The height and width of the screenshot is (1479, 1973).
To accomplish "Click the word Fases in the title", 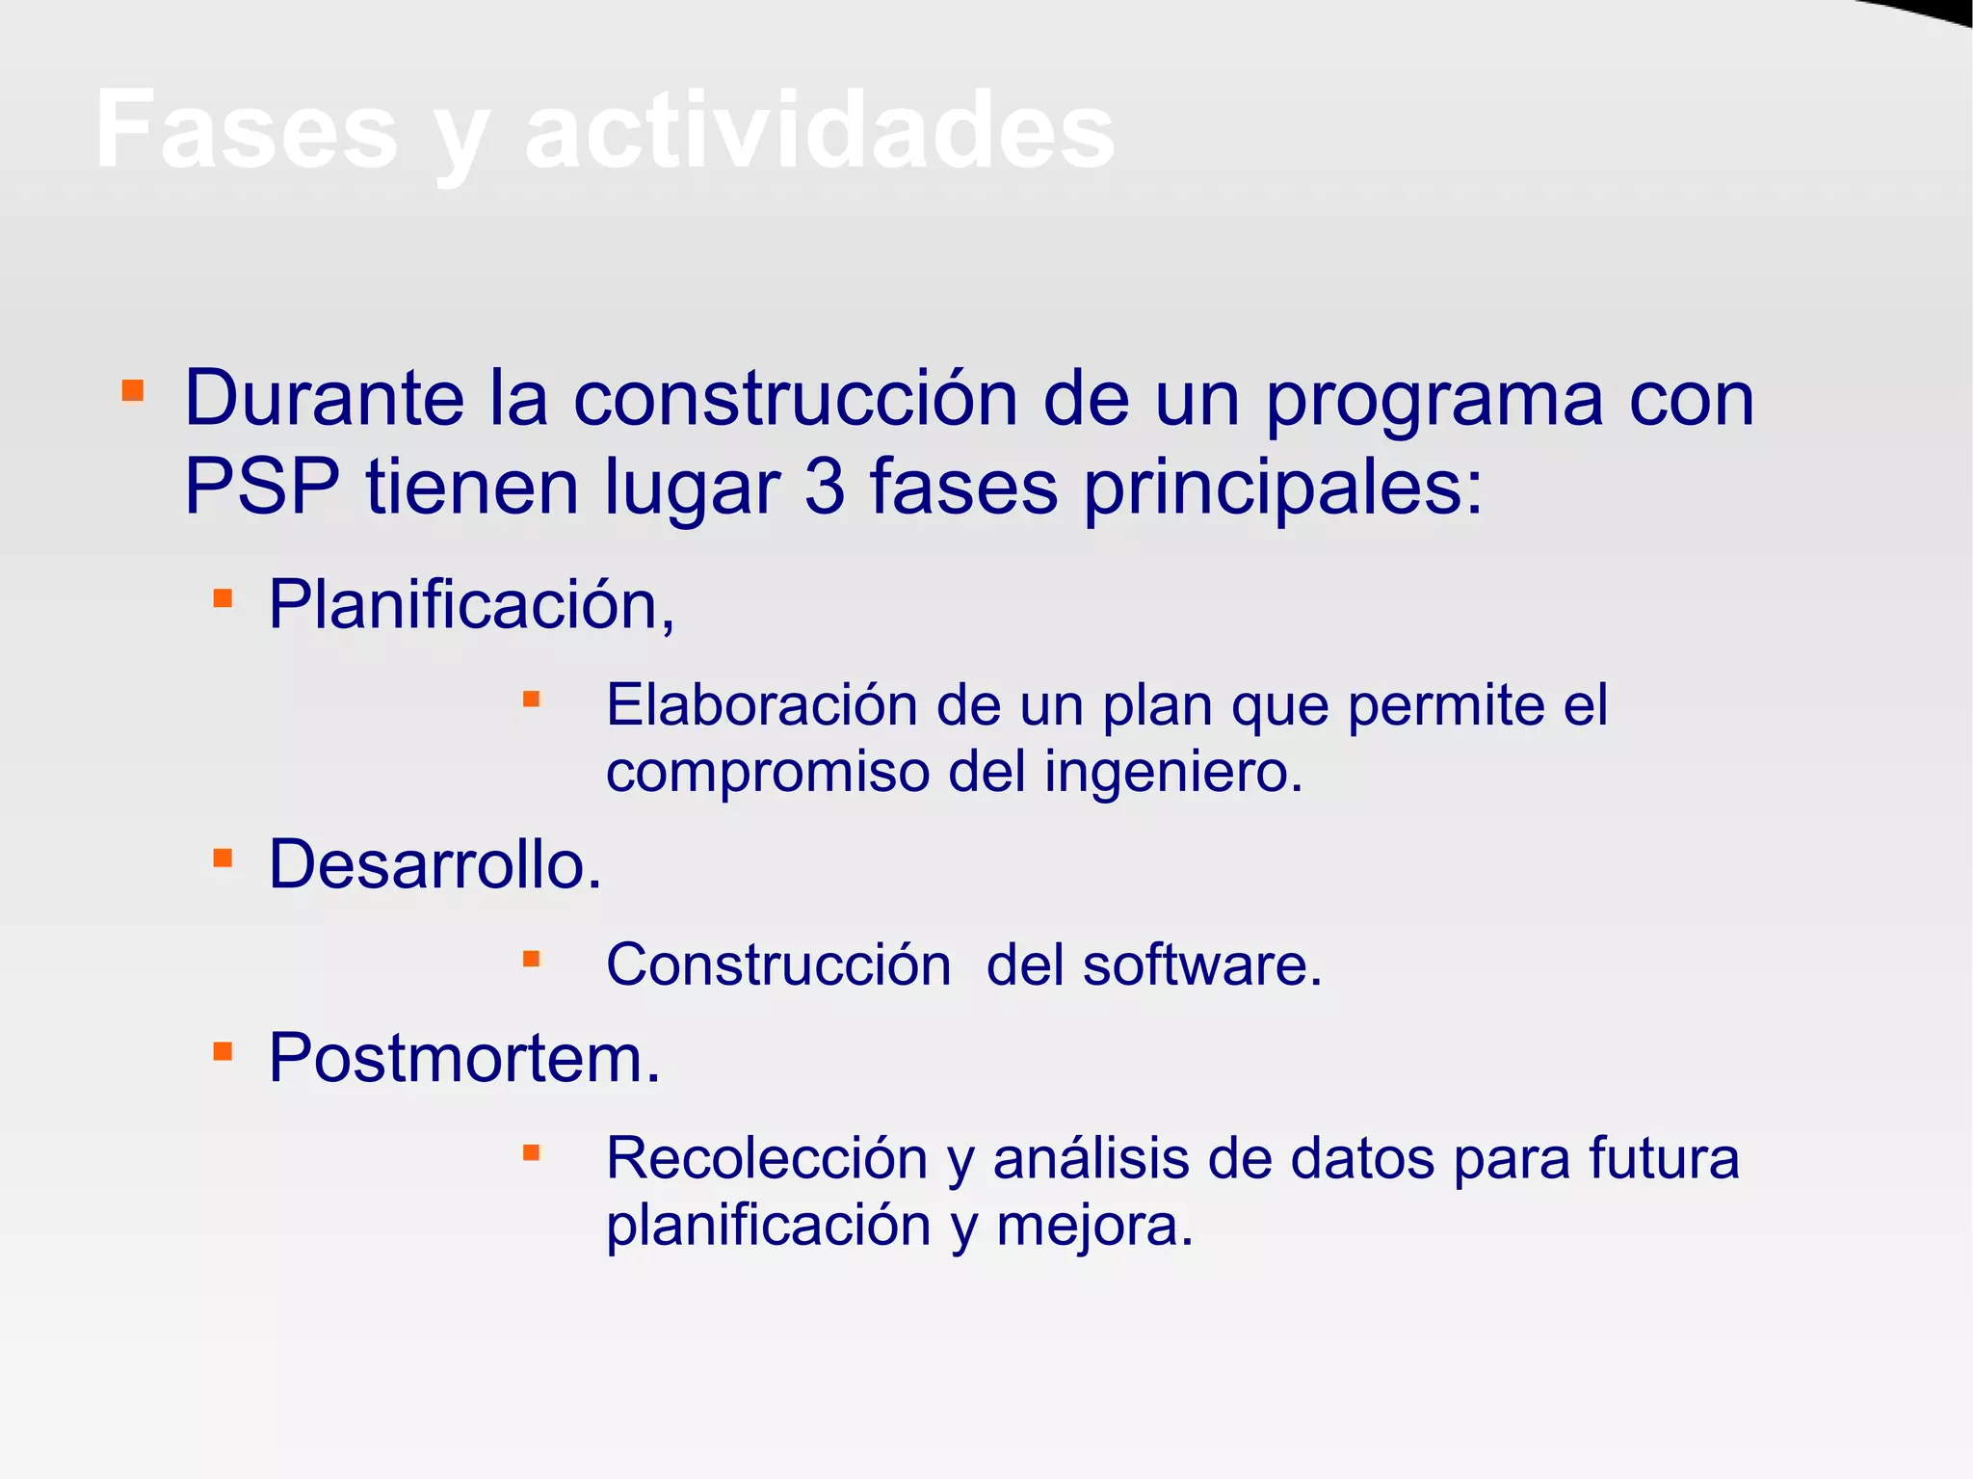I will pos(247,130).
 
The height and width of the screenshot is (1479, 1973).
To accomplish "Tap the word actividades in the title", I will pos(820,130).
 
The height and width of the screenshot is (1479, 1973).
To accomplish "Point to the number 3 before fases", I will pos(824,487).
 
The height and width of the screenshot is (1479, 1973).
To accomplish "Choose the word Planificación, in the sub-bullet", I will pos(471,605).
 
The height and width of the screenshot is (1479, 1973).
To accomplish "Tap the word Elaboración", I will pos(761,704).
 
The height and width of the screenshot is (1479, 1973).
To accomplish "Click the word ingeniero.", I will pos(1173,772).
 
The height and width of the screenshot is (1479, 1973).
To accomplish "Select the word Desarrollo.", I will pos(434,864).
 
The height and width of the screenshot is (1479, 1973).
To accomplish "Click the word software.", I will pos(1201,964).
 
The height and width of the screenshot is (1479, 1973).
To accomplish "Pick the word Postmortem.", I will pos(464,1058).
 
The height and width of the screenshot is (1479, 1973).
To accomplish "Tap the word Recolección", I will pos(766,1158).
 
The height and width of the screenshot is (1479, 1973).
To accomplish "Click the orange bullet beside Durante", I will pos(133,390).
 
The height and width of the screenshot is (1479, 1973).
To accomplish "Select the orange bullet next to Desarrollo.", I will pos(223,858).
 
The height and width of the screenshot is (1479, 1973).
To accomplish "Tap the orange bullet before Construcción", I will pos(531,958).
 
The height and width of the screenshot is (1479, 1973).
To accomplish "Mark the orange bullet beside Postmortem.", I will pos(223,1050).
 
